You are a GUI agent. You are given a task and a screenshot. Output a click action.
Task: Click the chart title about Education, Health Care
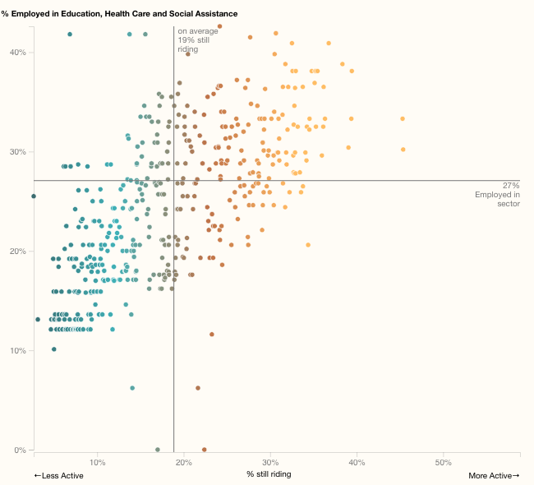click(119, 14)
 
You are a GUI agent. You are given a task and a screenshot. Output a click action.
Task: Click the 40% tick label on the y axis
click(18, 53)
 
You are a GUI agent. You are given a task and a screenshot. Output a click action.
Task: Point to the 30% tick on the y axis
click(18, 152)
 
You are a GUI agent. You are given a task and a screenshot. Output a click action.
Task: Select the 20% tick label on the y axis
click(18, 252)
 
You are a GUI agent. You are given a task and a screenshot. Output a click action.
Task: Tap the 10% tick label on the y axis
click(18, 351)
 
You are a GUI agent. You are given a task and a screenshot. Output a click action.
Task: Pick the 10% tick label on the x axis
click(97, 462)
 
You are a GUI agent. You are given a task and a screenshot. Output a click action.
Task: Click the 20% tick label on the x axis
click(183, 462)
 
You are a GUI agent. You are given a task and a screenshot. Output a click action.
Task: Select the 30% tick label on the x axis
click(269, 462)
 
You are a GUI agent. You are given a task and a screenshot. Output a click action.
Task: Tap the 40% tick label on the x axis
click(357, 462)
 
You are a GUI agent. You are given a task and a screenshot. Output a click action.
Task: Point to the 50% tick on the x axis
click(443, 462)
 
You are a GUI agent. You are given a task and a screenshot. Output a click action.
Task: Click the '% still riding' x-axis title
click(269, 474)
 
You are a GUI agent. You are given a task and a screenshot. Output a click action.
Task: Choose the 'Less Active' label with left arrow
click(58, 475)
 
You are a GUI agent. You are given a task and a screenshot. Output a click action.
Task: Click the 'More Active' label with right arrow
click(494, 475)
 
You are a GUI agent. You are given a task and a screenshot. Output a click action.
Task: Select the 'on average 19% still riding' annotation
click(198, 40)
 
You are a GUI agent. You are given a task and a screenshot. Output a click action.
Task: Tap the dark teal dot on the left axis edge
click(34, 196)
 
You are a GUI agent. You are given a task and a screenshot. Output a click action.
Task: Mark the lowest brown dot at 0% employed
click(205, 450)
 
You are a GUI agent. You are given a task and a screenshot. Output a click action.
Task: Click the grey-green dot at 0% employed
click(158, 450)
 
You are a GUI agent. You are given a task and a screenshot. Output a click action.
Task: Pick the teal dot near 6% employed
click(132, 388)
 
